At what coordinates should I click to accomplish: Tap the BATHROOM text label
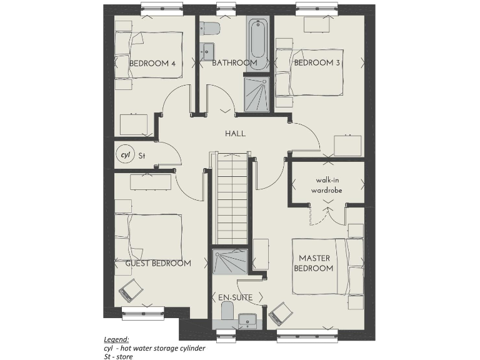point(234,63)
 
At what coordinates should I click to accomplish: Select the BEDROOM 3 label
point(317,63)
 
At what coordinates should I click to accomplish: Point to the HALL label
point(236,134)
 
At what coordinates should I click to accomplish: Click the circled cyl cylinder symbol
point(125,154)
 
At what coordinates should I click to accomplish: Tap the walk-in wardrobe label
point(329,184)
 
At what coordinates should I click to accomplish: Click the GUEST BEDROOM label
point(158,264)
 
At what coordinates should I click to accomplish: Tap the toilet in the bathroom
point(209,29)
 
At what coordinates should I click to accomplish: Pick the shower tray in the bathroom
point(256,94)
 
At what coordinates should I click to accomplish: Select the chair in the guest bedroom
point(131,290)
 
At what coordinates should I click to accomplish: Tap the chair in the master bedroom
point(279,313)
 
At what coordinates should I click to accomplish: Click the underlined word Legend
point(116,339)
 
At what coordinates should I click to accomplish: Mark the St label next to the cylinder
point(141,155)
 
